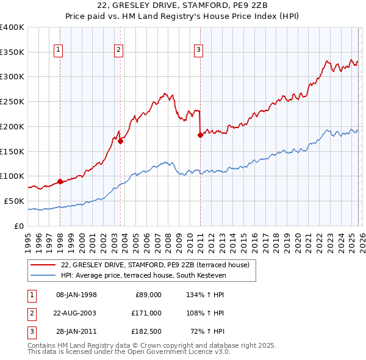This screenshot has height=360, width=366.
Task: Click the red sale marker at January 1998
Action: tap(60, 181)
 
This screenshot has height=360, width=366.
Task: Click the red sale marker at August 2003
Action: tap(120, 141)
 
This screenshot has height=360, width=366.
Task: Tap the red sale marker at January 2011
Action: tap(200, 135)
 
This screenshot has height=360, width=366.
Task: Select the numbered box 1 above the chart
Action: tap(59, 51)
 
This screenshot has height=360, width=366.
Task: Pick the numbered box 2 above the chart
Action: tap(118, 51)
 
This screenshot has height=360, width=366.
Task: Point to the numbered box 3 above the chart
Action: tap(199, 51)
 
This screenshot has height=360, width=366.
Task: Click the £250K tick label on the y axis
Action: tap(12, 101)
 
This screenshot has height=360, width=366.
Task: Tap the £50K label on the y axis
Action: tap(14, 201)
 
